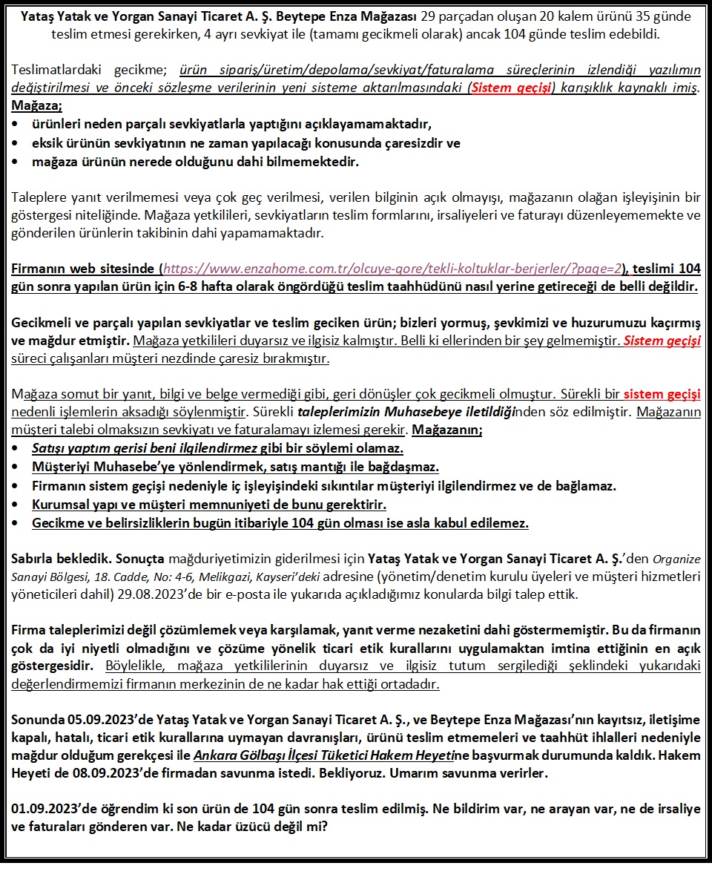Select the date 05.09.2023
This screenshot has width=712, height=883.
click(x=93, y=719)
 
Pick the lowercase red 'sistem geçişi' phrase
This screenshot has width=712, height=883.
click(x=662, y=394)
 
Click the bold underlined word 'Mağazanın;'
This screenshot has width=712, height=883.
click(x=446, y=430)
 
